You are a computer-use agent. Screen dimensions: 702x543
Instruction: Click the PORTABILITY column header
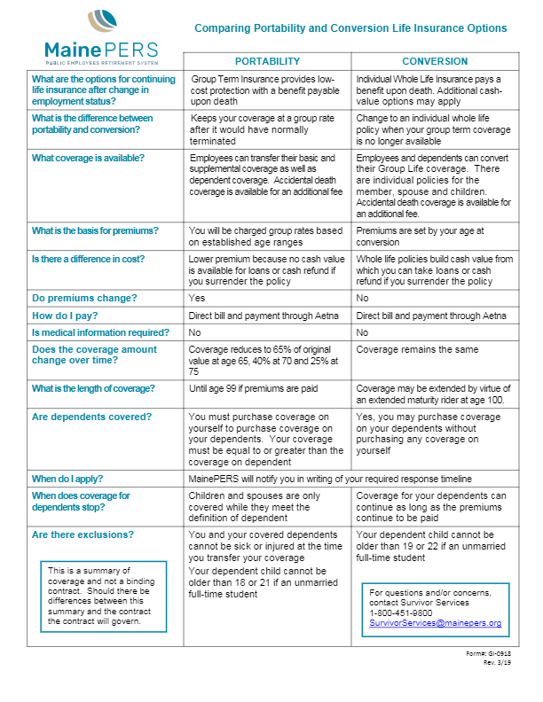pos(267,61)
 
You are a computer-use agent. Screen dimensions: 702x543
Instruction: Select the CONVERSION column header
pos(434,61)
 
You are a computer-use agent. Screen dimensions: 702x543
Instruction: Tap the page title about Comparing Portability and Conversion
pos(350,28)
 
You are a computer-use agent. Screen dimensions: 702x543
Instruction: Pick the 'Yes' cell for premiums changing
pos(197,298)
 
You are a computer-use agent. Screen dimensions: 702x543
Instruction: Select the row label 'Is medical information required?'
pos(99,332)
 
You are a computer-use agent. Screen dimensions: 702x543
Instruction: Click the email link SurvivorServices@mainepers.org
pos(435,623)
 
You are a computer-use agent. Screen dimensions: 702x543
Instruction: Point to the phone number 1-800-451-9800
pos(401,612)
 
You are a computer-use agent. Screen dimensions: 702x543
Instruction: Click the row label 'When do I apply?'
pos(71,479)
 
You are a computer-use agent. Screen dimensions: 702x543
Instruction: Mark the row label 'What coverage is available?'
pos(88,158)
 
